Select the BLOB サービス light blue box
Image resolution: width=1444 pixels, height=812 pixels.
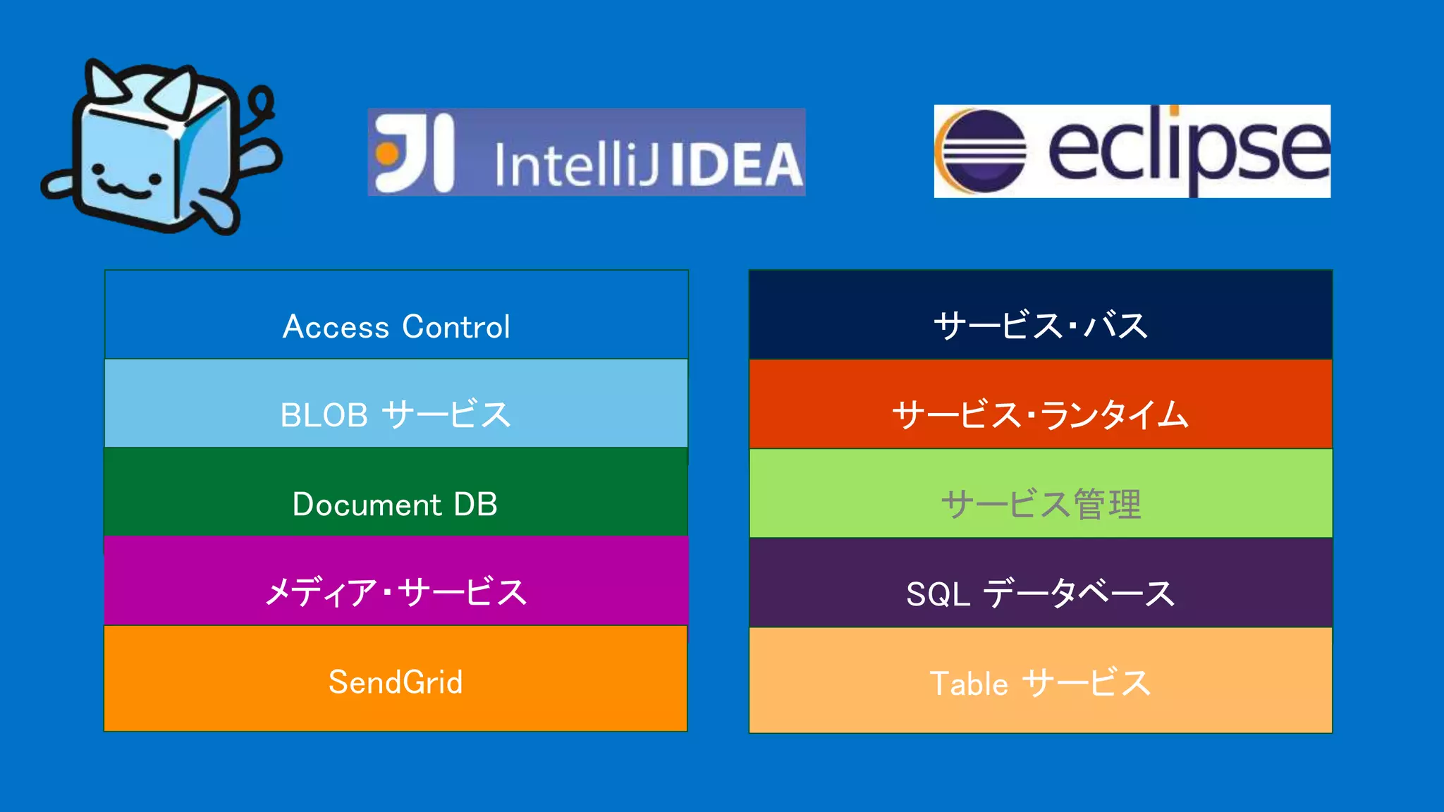[x=396, y=403]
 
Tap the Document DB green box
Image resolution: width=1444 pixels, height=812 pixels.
[x=396, y=492]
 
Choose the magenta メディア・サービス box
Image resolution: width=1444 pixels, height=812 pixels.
[x=396, y=581]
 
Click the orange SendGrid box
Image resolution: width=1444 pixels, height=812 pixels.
[x=396, y=678]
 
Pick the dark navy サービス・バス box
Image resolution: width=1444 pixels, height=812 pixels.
[x=1040, y=314]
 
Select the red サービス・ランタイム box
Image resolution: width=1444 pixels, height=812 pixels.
[x=1040, y=403]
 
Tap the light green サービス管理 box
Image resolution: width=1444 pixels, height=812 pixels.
[x=1040, y=493]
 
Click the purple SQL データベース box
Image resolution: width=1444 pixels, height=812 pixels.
[x=1040, y=582]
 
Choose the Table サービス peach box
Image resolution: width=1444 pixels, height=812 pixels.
[x=1040, y=679]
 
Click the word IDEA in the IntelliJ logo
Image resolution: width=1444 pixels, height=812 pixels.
[x=735, y=165]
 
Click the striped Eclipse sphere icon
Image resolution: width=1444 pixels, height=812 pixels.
[x=983, y=151]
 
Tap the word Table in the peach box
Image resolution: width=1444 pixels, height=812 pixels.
[x=969, y=684]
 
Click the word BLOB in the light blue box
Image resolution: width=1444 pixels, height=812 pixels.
[x=324, y=415]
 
